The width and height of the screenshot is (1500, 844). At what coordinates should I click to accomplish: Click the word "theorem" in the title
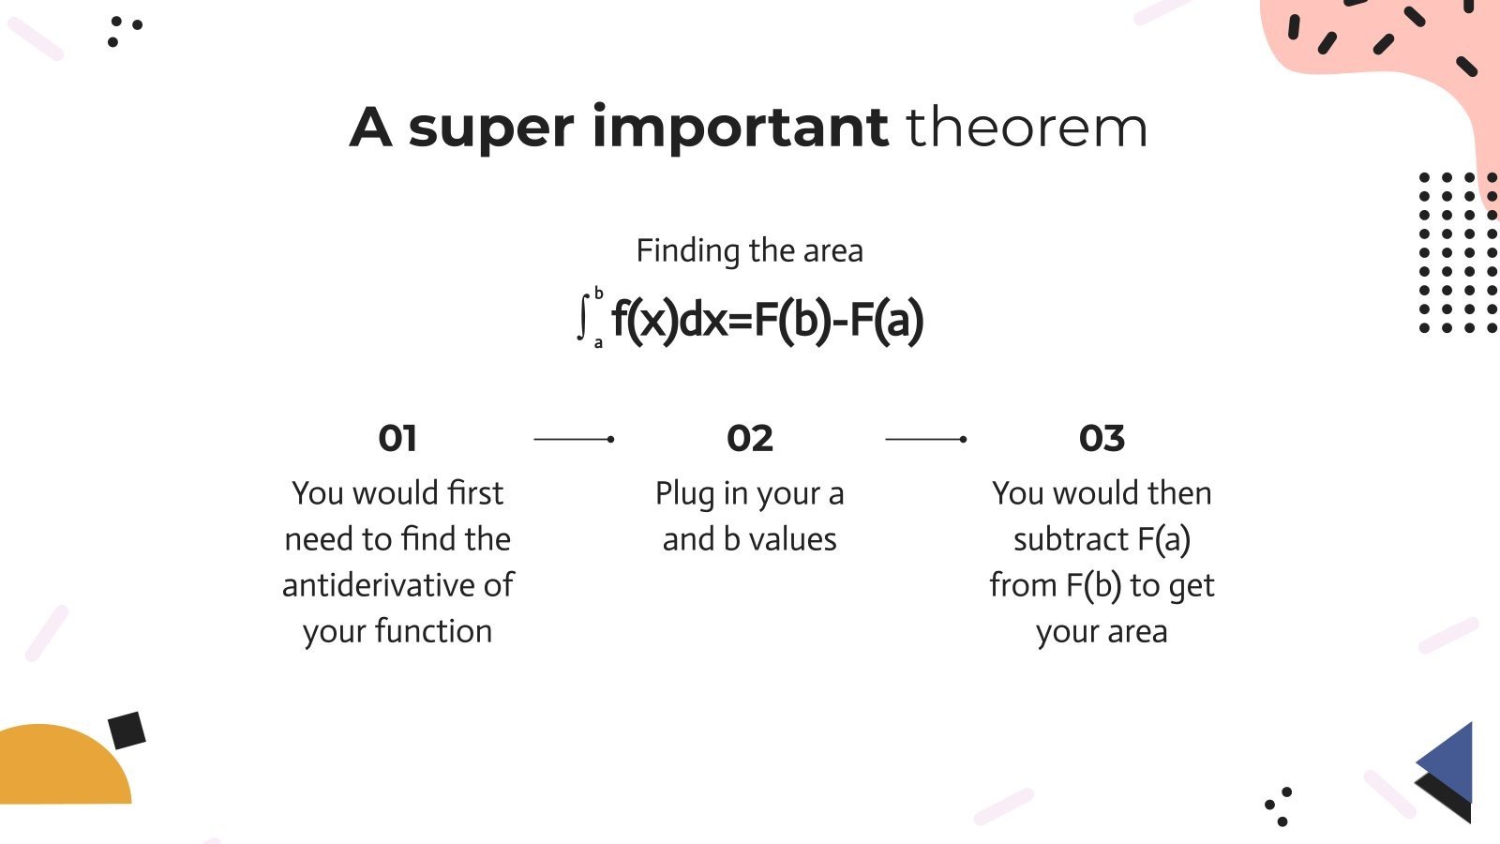[x=1027, y=128]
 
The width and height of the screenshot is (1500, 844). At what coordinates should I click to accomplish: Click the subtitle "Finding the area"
[x=749, y=250]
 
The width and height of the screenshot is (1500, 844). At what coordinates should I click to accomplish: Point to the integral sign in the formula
[x=583, y=318]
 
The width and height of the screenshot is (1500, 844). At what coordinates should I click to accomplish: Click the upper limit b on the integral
[x=599, y=294]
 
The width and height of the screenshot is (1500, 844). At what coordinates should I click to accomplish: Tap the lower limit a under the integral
[x=598, y=343]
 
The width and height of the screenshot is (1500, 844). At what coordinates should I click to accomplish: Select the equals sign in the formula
[x=741, y=321]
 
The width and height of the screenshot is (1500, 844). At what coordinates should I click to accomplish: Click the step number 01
[x=397, y=438]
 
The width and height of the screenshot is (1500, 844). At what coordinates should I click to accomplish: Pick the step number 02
[x=749, y=438]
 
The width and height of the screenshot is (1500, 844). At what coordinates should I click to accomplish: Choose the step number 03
[x=1102, y=438]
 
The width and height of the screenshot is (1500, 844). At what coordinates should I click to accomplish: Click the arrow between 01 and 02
[x=574, y=439]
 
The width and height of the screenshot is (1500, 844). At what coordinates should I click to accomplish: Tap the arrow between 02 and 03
[x=926, y=439]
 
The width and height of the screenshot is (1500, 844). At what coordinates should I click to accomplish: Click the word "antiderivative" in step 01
[x=379, y=585]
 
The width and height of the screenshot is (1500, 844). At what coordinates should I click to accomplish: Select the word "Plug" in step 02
[x=684, y=493]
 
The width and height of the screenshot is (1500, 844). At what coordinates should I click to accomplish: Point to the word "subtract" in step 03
[x=1071, y=539]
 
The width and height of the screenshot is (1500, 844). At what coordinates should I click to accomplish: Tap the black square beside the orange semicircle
[x=127, y=731]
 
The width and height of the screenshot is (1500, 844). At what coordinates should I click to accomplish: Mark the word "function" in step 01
[x=433, y=631]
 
